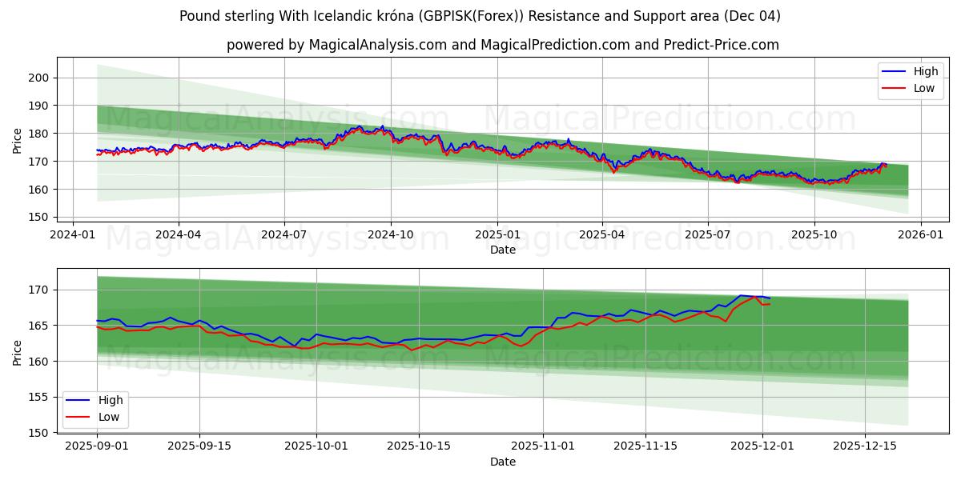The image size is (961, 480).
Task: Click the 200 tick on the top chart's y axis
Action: click(x=38, y=78)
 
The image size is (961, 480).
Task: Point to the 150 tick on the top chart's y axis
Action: click(x=38, y=217)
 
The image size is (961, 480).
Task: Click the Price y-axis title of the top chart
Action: click(x=18, y=141)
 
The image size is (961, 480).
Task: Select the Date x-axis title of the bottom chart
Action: click(x=502, y=462)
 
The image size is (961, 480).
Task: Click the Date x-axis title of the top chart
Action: click(x=502, y=250)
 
